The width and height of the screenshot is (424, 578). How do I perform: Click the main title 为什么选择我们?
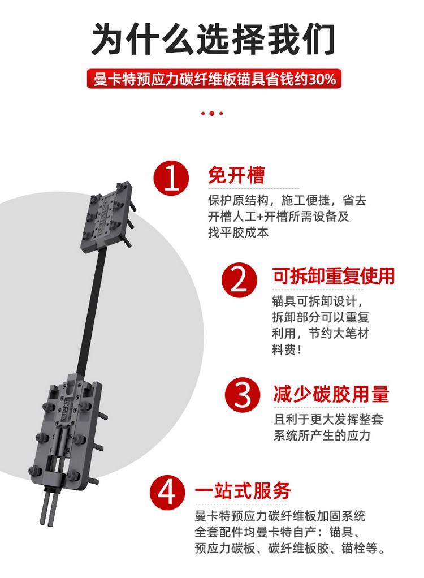pyautogui.click(x=213, y=39)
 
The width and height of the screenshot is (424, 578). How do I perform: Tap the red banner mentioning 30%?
pyautogui.click(x=214, y=79)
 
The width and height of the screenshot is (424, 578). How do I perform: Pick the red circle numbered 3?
pyautogui.click(x=243, y=394)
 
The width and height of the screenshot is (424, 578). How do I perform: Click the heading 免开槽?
pyautogui.click(x=236, y=175)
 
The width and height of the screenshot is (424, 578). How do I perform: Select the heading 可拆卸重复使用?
pyautogui.click(x=334, y=277)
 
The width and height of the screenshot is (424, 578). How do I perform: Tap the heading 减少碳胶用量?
pyautogui.click(x=331, y=394)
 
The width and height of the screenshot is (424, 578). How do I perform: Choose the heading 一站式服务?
pyautogui.click(x=243, y=490)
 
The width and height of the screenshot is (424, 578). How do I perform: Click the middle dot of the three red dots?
pyautogui.click(x=212, y=114)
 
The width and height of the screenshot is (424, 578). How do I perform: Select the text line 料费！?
pyautogui.click(x=287, y=350)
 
